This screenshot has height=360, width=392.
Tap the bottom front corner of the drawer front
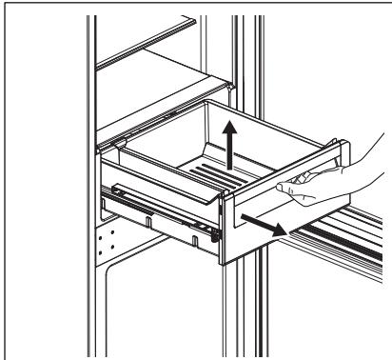(223, 259)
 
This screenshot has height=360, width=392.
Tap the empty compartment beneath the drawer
(162, 305)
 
